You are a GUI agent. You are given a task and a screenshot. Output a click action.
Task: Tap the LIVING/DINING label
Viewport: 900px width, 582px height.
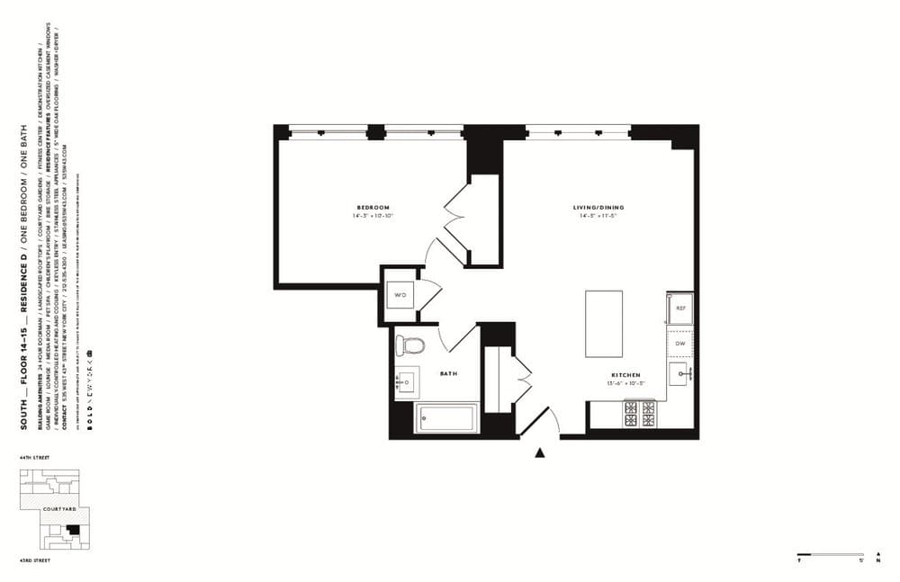(598, 208)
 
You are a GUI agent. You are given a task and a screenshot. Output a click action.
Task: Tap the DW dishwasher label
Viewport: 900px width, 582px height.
(679, 344)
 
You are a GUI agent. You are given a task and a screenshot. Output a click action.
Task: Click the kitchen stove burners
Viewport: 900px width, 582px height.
(642, 413)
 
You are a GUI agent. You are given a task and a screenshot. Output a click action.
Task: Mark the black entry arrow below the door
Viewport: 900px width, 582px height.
(540, 452)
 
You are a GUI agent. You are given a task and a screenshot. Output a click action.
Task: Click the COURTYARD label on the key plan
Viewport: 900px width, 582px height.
(58, 510)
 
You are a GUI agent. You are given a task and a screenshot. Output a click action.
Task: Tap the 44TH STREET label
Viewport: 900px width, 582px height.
(34, 458)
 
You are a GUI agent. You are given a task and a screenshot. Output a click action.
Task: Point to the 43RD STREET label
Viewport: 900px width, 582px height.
(34, 560)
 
